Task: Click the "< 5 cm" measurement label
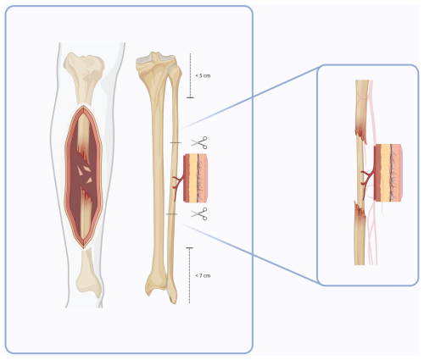[x=203, y=75]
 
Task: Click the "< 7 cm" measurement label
[x=203, y=275]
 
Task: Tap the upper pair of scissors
[x=199, y=142]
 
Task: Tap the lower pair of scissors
[x=199, y=213]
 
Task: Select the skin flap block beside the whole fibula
[x=196, y=178]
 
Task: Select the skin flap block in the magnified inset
[x=388, y=173]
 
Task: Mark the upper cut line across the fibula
[x=176, y=142]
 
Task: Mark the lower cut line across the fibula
[x=171, y=214]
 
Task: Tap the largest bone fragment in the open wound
[x=87, y=169]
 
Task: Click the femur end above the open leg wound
[x=84, y=76]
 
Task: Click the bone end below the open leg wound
[x=88, y=274]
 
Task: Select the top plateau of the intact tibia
[x=155, y=58]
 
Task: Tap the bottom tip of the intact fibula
[x=173, y=300]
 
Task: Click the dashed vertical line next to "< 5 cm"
[x=190, y=75]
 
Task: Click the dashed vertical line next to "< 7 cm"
[x=189, y=275]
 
